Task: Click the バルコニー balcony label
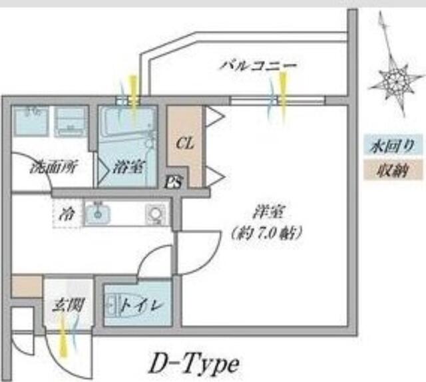click(258, 65)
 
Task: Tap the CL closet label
click(185, 143)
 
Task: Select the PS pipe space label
click(173, 182)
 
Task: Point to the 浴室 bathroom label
click(128, 167)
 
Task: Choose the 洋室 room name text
click(269, 212)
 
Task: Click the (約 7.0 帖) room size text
click(267, 233)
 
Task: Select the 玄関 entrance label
click(68, 305)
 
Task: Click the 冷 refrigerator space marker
click(67, 214)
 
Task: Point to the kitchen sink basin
click(98, 214)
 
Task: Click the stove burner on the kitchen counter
click(155, 214)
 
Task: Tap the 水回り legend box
click(393, 146)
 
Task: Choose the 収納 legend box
click(393, 170)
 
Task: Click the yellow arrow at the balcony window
click(283, 94)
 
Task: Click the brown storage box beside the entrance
click(27, 287)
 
